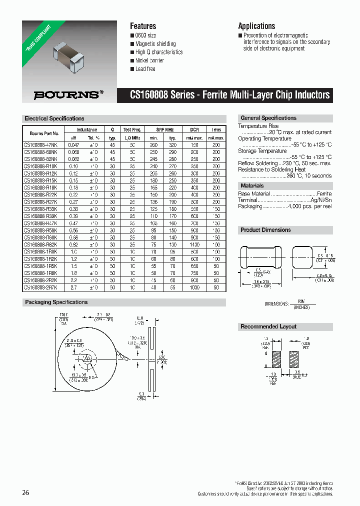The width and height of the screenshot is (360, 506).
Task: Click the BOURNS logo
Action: [68, 93]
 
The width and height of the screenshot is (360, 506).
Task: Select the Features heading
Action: [143, 26]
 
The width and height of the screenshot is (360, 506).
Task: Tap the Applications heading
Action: [256, 26]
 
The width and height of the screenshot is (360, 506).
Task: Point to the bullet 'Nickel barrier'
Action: [149, 60]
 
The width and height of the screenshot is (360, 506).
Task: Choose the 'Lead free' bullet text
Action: [145, 68]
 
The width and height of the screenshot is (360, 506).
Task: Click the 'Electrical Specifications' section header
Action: [54, 118]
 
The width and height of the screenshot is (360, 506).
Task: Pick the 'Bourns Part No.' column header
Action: [44, 133]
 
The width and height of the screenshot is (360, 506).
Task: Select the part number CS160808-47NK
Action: [41, 145]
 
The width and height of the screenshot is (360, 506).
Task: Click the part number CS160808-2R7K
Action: [41, 288]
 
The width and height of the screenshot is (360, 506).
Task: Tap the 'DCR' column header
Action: [194, 129]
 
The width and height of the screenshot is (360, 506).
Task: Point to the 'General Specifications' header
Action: [268, 118]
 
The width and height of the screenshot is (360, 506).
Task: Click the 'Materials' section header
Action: [252, 185]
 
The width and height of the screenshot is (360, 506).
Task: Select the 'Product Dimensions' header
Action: [265, 230]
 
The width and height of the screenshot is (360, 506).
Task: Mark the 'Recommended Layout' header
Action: [268, 326]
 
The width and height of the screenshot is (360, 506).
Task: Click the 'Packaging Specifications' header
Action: [56, 302]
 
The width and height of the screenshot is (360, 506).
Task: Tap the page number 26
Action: [25, 493]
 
